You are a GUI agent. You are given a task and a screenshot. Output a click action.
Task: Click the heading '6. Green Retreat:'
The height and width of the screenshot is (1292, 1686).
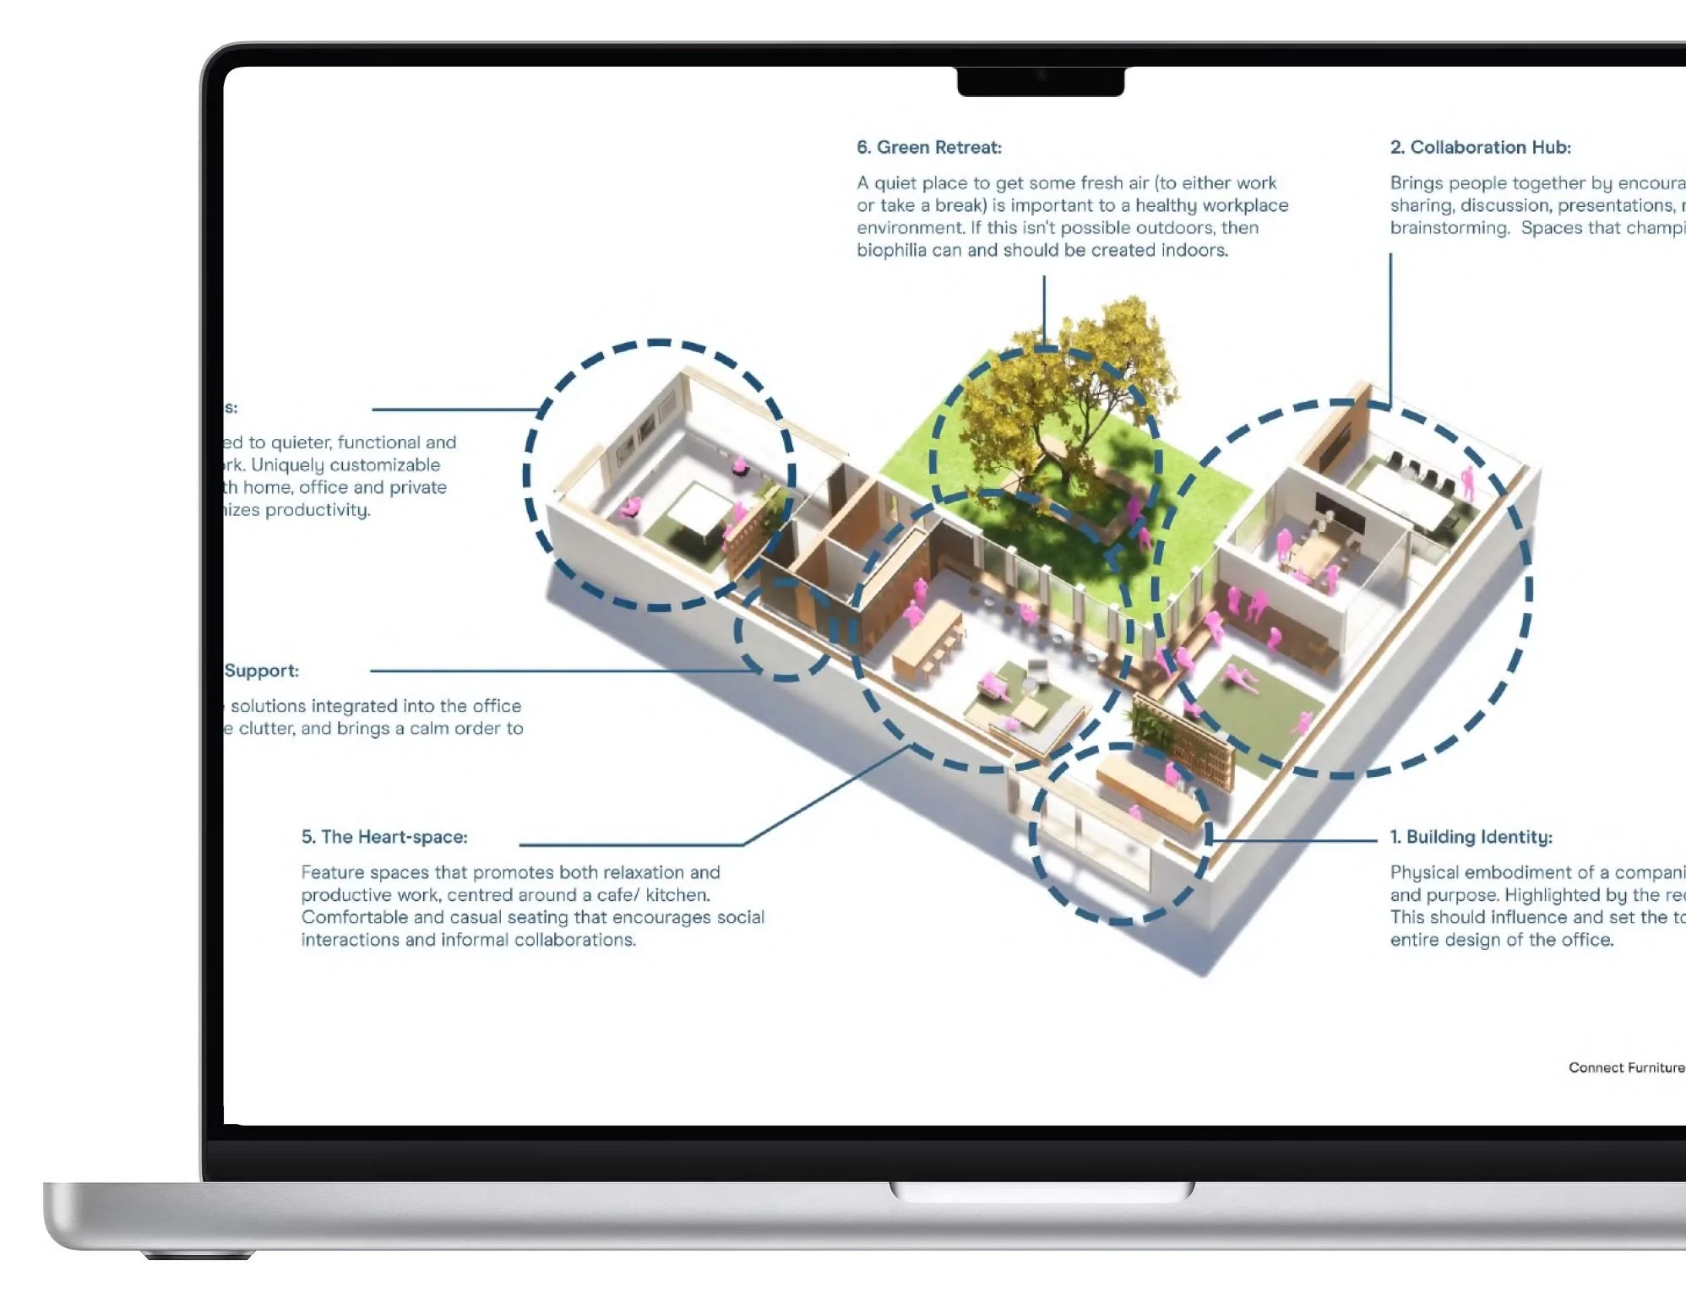[928, 148]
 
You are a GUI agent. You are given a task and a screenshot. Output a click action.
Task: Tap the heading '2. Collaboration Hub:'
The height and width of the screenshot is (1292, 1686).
[1480, 148]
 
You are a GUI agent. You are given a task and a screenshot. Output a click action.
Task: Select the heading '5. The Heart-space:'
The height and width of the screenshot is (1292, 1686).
[384, 837]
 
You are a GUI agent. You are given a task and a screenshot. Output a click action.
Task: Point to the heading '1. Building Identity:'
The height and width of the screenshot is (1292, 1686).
[1471, 837]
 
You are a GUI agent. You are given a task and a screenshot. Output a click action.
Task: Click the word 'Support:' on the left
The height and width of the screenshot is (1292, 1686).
[262, 670]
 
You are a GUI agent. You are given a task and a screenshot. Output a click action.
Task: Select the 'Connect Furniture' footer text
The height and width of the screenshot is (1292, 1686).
[1626, 1067]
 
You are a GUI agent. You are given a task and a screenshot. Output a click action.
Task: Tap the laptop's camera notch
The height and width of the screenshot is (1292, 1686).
[1041, 81]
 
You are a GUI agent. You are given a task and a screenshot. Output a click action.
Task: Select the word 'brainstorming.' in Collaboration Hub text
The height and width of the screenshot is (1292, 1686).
[1449, 228]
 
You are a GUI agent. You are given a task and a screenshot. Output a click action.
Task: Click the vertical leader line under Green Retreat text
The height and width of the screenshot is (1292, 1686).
[1044, 308]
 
